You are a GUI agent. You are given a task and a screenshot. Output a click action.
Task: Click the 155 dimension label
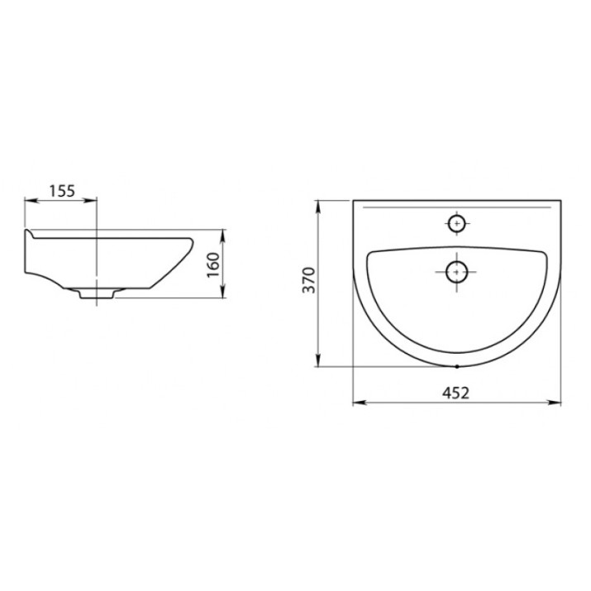coord(62,191)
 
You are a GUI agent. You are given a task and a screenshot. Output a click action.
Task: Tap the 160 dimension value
coord(214,265)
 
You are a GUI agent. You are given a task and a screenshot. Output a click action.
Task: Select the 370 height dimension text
coord(309,280)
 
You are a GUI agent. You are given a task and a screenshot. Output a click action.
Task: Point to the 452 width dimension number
coord(456,393)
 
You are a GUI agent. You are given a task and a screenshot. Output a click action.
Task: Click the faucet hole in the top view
coord(457,223)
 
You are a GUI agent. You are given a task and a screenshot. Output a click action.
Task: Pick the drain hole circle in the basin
coord(457,272)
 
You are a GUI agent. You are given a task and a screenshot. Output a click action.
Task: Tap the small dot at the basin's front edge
coord(457,366)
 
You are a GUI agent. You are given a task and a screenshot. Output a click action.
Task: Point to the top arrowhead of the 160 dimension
coord(223,236)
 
